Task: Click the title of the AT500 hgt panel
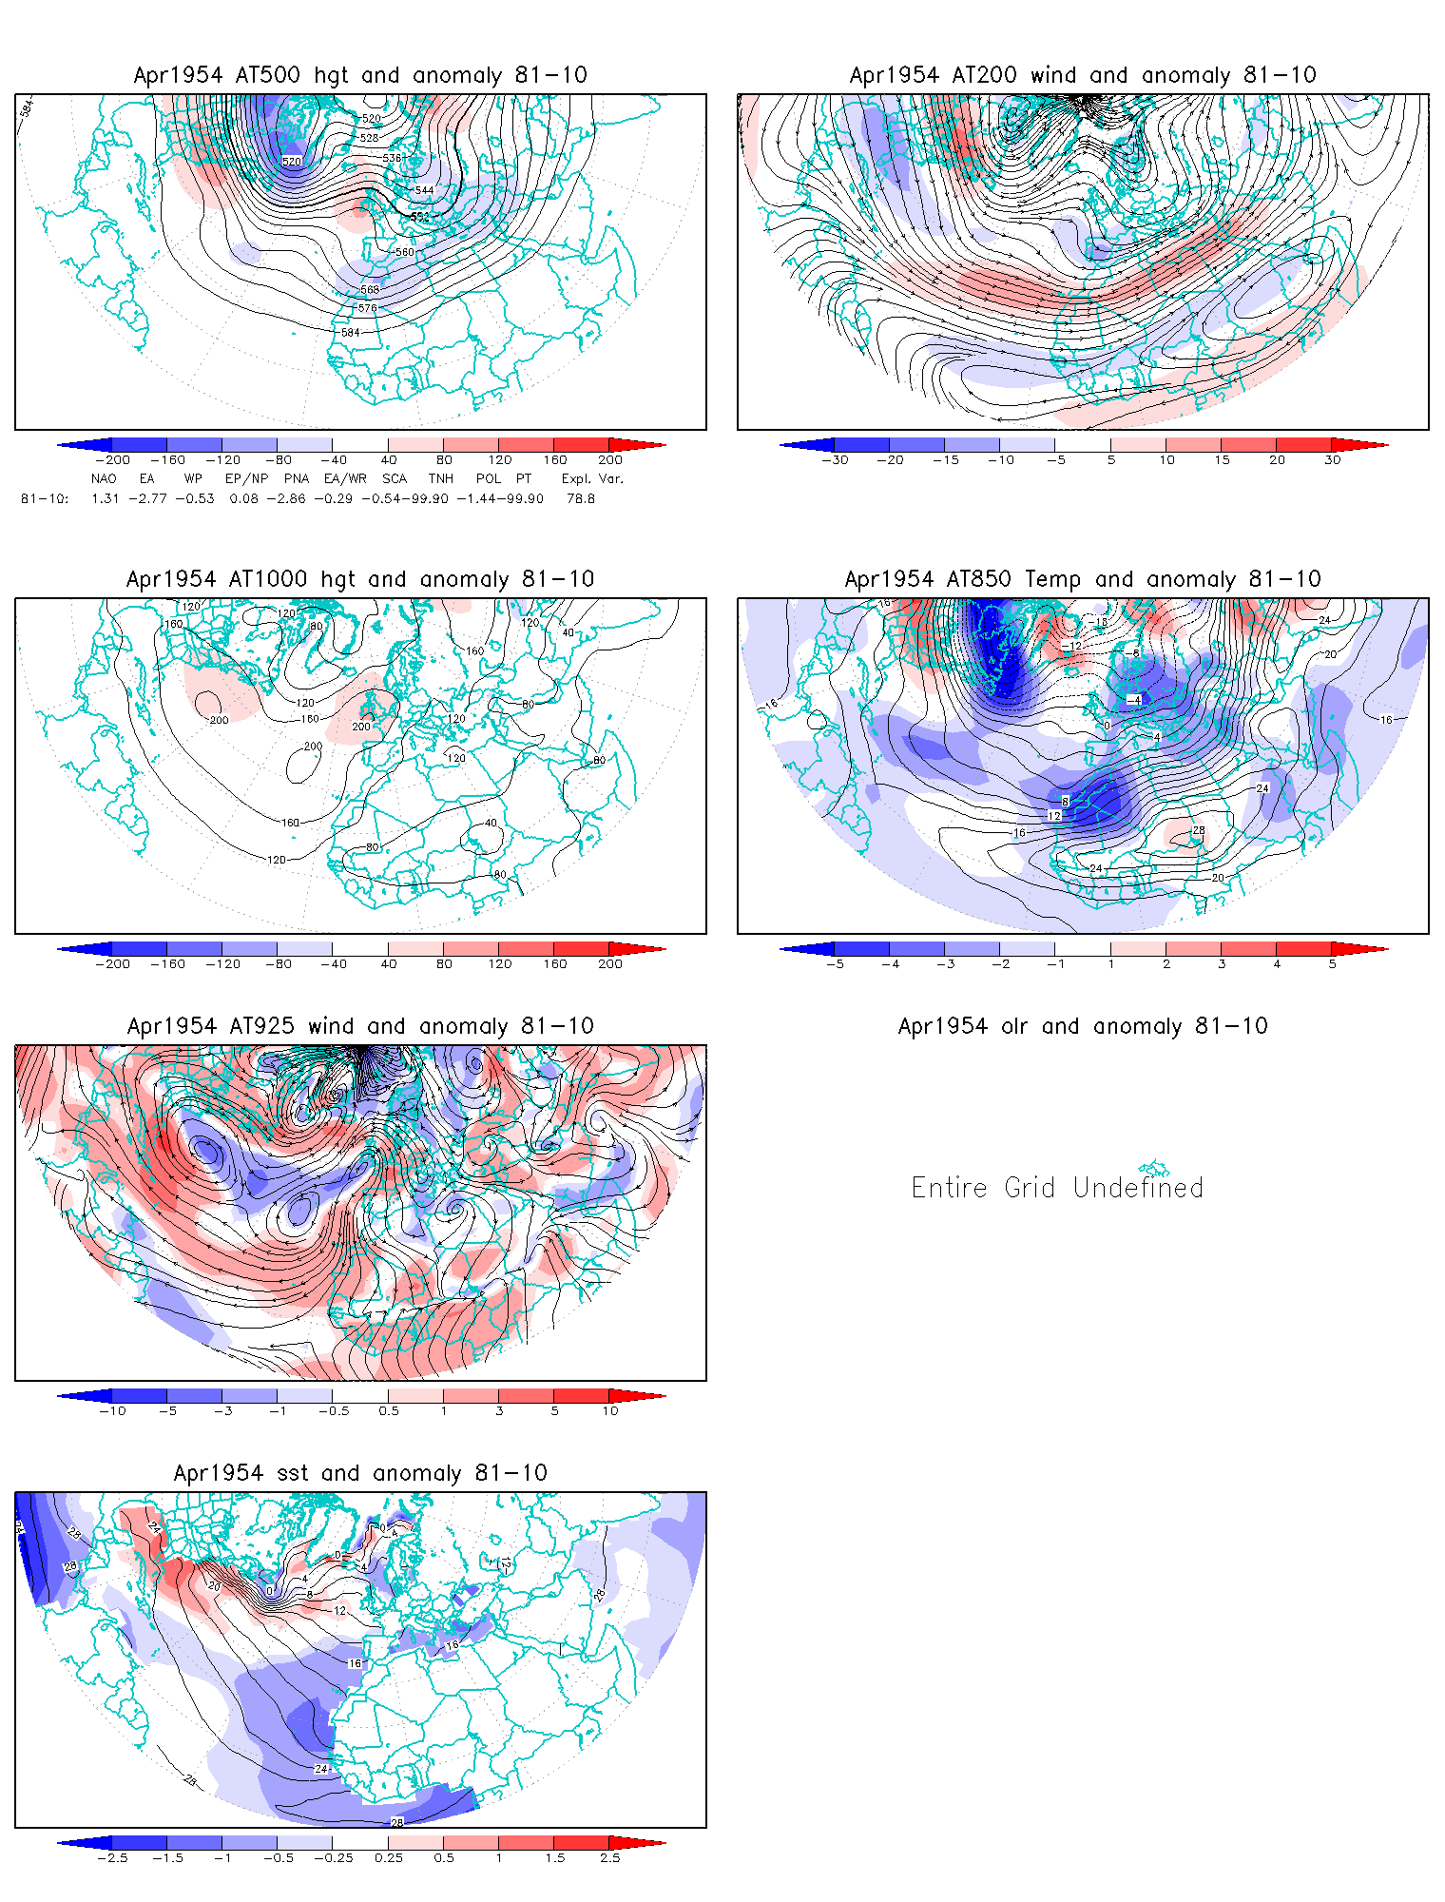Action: [360, 75]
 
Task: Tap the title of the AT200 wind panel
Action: [1083, 75]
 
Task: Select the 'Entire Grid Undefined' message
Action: [1057, 1188]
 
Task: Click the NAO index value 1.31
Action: [105, 498]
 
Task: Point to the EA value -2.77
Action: [147, 498]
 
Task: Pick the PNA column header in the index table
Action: [297, 478]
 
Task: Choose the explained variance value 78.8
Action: [581, 498]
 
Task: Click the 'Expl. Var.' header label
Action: [592, 478]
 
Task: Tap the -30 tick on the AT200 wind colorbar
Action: [836, 460]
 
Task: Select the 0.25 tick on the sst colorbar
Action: [389, 1857]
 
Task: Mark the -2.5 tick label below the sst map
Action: [112, 1857]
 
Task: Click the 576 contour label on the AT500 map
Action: [368, 308]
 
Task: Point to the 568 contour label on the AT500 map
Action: [370, 290]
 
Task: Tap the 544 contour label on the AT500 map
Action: [424, 190]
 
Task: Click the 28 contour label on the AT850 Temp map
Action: [1199, 830]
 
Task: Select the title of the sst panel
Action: [360, 1473]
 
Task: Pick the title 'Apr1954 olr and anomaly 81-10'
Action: [1083, 1026]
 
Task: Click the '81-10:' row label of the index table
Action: [45, 498]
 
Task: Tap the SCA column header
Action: [395, 478]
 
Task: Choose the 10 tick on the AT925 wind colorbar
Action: [610, 1410]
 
